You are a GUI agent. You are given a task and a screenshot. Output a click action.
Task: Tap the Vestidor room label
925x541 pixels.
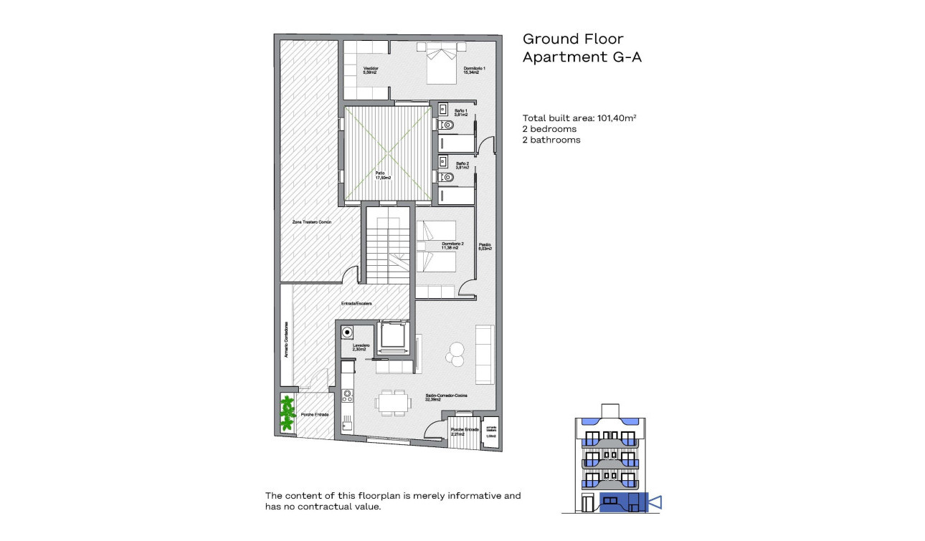[x=370, y=70]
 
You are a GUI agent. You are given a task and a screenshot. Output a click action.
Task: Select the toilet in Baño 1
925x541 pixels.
[x=447, y=125]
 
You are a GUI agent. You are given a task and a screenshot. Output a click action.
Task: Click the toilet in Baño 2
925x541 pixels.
[x=447, y=177]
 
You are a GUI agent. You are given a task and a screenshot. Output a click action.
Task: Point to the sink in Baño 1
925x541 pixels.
[x=443, y=110]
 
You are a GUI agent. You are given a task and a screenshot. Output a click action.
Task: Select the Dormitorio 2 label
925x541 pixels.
[x=452, y=246]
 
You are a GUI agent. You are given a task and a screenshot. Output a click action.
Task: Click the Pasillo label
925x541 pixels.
[x=485, y=247]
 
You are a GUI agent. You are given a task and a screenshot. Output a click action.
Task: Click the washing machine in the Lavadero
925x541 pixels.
[x=348, y=332]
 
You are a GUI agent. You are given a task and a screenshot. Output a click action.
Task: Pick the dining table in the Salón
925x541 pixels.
[x=392, y=403]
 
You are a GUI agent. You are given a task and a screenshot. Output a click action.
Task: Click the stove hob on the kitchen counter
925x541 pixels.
[x=347, y=394]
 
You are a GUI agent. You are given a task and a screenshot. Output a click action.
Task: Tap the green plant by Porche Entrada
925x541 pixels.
[x=288, y=413]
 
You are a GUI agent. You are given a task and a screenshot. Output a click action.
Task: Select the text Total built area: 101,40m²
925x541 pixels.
[x=580, y=118]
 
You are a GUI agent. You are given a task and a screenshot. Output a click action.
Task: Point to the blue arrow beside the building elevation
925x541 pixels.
[x=654, y=502]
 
